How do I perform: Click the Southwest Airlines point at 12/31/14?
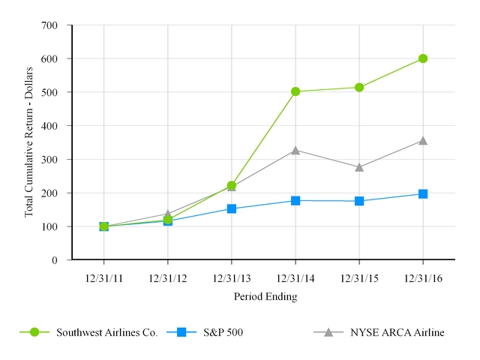(x=295, y=91)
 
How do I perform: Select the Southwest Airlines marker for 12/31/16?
(x=423, y=58)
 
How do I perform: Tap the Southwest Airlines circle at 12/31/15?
(x=359, y=87)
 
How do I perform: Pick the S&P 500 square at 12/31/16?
(x=423, y=193)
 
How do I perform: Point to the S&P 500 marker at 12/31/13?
(x=232, y=208)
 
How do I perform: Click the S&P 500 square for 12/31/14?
(x=295, y=200)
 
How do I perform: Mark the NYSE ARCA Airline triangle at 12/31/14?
(x=295, y=150)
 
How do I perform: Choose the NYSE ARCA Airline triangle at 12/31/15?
(x=359, y=167)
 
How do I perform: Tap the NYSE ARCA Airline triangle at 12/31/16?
(x=423, y=140)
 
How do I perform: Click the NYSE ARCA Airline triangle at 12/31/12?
(x=168, y=214)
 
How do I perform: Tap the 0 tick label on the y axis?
(x=55, y=260)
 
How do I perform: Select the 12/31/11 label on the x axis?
(x=104, y=279)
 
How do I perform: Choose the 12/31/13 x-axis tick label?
(x=232, y=279)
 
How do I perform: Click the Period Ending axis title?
(x=264, y=296)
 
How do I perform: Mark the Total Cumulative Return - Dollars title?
(x=29, y=142)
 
